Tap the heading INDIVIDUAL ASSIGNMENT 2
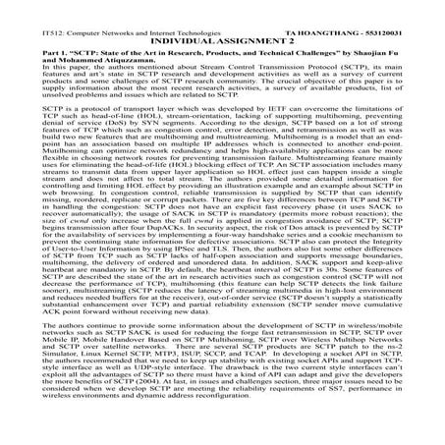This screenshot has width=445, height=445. tap(222, 17)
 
